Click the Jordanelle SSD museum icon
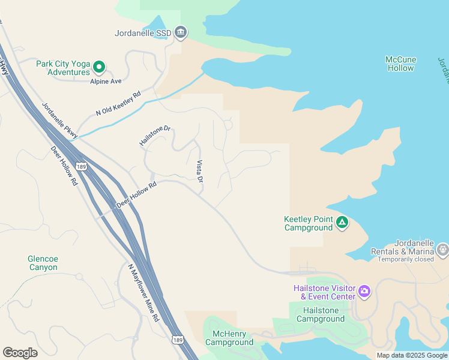pyautogui.click(x=181, y=33)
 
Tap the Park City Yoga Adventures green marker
pyautogui.click(x=100, y=67)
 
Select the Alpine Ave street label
pyautogui.click(x=106, y=81)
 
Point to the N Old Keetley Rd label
pyautogui.click(x=118, y=103)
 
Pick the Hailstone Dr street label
pyautogui.click(x=155, y=136)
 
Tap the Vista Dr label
pyautogui.click(x=200, y=172)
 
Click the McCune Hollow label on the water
pyautogui.click(x=400, y=64)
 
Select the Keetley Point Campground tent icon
pyautogui.click(x=342, y=223)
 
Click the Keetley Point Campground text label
pyautogui.click(x=308, y=223)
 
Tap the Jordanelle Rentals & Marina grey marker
pyautogui.click(x=443, y=248)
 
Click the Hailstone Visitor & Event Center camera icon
pyautogui.click(x=364, y=292)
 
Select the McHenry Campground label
pyautogui.click(x=229, y=338)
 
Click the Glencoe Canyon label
pyautogui.click(x=43, y=263)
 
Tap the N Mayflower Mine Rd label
pyautogui.click(x=143, y=292)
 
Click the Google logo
pyautogui.click(x=20, y=352)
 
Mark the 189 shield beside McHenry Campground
pyautogui.click(x=176, y=340)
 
